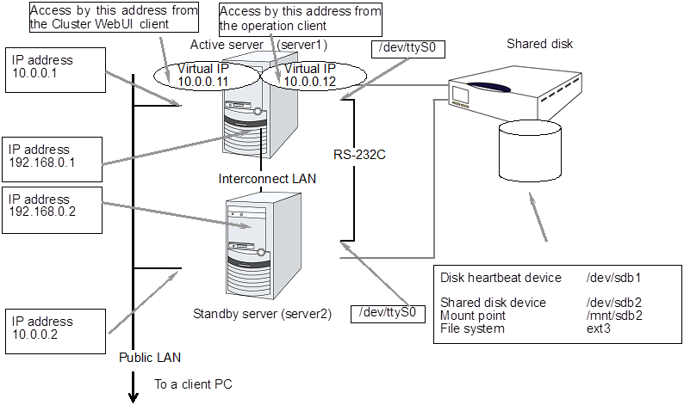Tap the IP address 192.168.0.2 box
(x=52, y=207)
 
